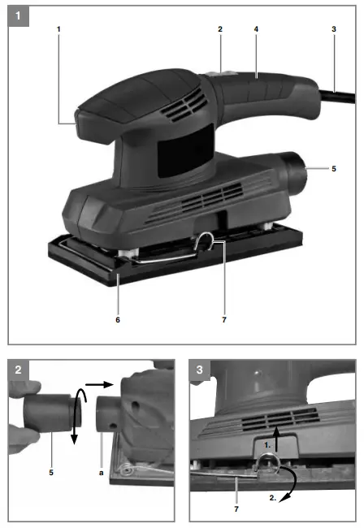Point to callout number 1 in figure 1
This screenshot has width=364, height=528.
[59, 29]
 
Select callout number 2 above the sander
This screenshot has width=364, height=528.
[219, 29]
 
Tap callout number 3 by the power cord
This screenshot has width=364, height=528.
[333, 29]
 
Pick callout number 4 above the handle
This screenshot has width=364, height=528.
[256, 29]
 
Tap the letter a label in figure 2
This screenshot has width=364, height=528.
[102, 470]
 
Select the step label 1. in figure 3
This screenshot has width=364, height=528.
[266, 446]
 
